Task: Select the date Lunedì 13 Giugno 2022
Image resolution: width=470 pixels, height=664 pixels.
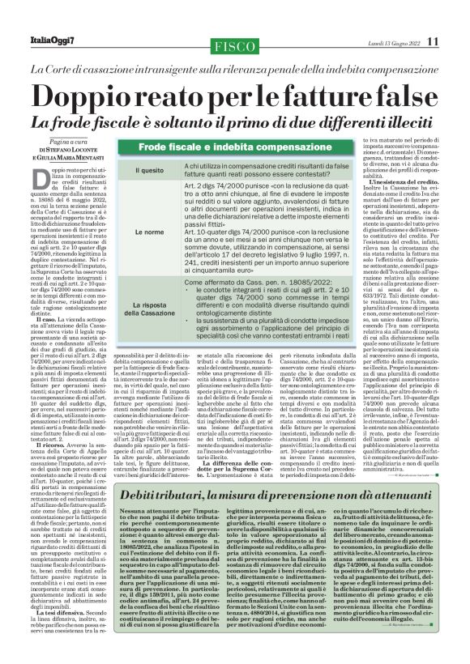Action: (391, 41)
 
